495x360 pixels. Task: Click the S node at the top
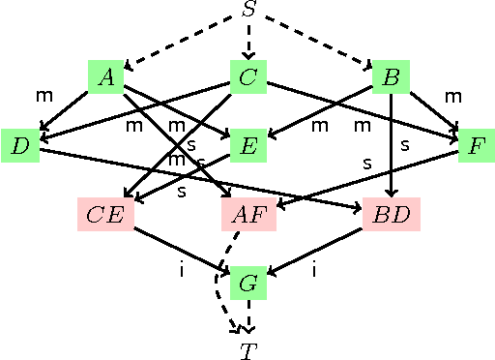point(248,11)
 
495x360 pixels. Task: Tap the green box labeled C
point(248,77)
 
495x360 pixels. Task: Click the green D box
point(20,146)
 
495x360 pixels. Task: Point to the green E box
point(248,146)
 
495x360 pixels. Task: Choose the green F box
point(476,146)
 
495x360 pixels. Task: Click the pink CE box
point(105,214)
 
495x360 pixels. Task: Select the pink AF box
point(248,214)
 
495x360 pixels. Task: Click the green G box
point(248,283)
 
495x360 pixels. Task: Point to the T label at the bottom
point(248,350)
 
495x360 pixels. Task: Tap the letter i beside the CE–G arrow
point(181,270)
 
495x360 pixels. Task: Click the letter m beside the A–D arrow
point(44,96)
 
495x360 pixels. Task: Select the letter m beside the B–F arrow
point(452,96)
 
